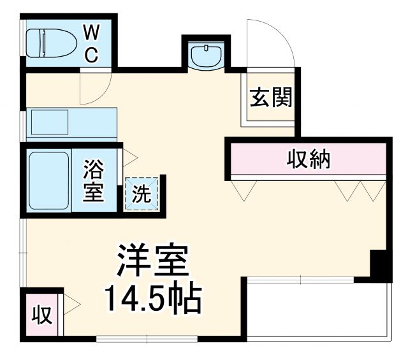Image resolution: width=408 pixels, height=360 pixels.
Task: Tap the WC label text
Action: [91, 43]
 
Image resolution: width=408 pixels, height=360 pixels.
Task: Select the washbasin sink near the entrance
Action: [207, 55]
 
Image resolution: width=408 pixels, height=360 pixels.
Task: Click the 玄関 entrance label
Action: [271, 98]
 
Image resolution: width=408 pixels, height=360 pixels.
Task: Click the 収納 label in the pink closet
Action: [308, 157]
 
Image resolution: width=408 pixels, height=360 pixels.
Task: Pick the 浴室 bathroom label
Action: [93, 181]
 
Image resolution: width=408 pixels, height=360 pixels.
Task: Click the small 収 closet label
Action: [41, 314]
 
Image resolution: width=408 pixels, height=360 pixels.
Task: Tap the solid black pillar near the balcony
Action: [381, 265]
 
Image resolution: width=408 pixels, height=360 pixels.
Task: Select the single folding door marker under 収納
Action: [245, 189]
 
